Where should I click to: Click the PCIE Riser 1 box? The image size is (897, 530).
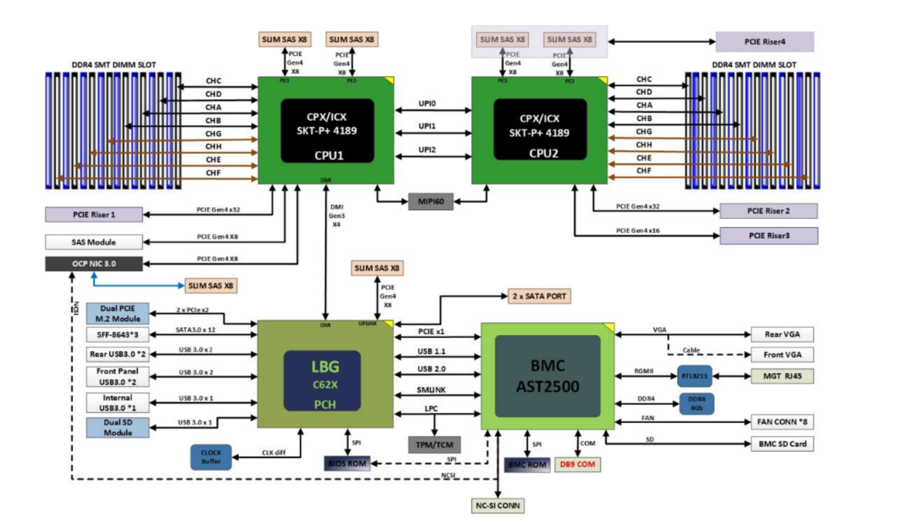94,214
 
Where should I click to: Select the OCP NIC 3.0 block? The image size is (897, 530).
94,263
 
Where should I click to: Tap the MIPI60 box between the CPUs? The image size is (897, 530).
430,201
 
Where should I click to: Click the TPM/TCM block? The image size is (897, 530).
435,444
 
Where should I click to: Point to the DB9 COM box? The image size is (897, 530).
579,464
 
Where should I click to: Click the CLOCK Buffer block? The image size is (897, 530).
211,457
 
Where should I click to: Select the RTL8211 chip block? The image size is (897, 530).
694,376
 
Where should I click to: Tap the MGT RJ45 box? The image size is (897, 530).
781,376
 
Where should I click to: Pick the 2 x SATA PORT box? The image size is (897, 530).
539,296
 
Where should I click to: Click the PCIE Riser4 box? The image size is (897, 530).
764,41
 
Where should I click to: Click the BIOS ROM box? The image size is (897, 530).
347,462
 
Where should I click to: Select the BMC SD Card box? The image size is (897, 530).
781,443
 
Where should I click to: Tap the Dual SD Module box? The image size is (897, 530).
118,427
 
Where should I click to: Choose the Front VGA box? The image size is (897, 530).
781,355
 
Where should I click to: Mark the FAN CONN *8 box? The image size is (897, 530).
781,422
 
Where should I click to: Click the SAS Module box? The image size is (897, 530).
94,242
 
